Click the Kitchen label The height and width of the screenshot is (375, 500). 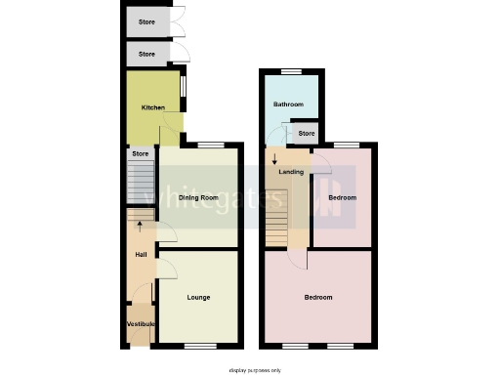(152, 107)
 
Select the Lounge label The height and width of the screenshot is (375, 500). (198, 297)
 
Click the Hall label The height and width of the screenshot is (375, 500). (141, 256)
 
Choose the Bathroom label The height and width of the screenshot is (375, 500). (288, 104)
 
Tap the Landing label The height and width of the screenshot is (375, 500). (291, 172)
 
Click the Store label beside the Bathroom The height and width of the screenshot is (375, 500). (306, 133)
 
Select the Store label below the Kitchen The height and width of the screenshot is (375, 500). (141, 153)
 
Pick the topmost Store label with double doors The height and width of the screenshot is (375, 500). (146, 20)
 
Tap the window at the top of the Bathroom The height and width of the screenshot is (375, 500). (290, 72)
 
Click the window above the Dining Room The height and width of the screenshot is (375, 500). (208, 146)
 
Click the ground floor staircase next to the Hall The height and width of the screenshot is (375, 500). (143, 183)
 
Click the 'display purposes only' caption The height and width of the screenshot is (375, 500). (254, 370)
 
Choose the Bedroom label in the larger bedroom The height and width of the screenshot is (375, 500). (318, 297)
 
